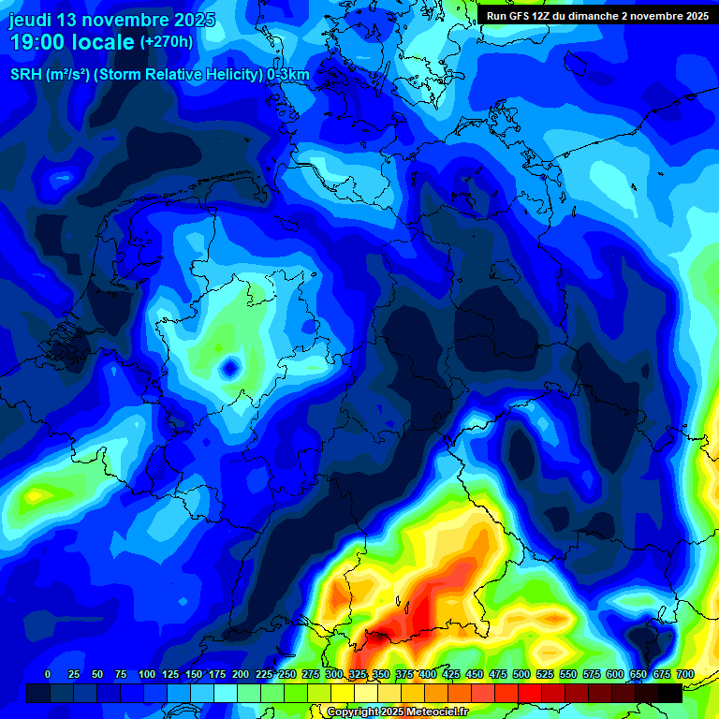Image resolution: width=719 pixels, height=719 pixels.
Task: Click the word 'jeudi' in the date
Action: click(31, 20)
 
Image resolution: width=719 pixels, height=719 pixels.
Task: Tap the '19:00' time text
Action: click(38, 42)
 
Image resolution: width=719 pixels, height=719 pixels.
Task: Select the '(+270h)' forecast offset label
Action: click(166, 42)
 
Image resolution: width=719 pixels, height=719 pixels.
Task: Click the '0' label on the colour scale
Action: click(48, 674)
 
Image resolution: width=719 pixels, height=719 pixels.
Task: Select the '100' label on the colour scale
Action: click(147, 674)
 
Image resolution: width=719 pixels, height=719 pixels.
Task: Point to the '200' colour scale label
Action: click(241, 674)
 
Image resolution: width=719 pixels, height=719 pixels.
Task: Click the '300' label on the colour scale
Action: click(334, 674)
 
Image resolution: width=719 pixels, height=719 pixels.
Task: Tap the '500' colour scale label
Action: click(521, 674)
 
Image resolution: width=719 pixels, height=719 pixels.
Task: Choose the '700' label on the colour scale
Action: click(685, 674)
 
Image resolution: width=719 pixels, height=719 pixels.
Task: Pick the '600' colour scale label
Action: click(615, 674)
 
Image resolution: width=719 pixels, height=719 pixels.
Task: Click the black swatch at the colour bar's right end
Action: click(670, 693)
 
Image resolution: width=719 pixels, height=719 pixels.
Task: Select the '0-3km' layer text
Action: click(288, 75)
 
